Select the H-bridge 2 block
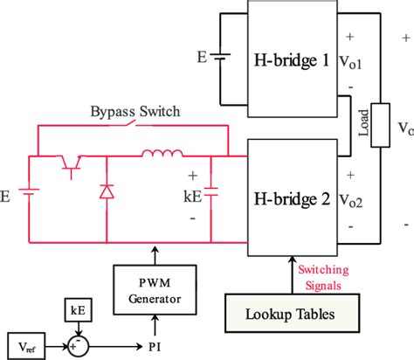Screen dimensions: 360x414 point(292,199)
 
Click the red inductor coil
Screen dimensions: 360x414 point(164,156)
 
